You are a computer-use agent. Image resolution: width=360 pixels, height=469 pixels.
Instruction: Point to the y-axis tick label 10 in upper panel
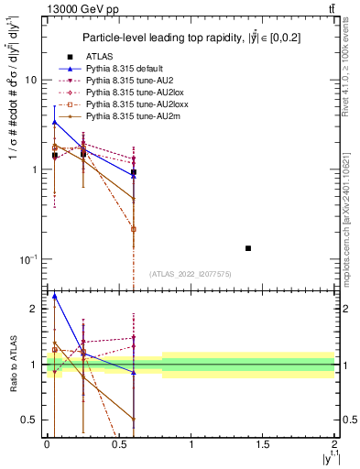click(x=30, y=81)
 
